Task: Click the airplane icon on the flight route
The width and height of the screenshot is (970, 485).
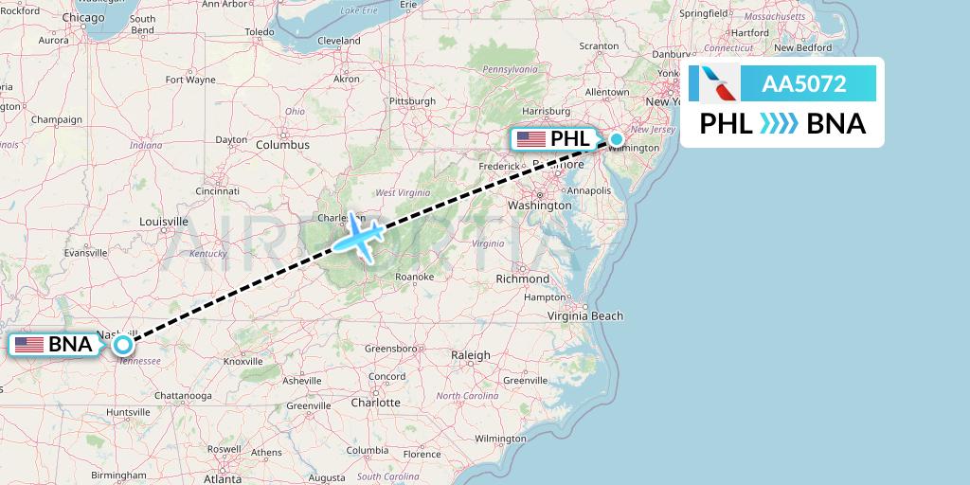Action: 356,234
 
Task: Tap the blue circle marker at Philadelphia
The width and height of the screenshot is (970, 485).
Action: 617,139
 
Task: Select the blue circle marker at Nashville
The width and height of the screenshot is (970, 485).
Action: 123,345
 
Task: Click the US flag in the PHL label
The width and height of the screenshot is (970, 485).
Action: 530,139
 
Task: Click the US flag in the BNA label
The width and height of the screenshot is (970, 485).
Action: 29,345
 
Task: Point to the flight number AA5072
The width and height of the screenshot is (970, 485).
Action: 804,84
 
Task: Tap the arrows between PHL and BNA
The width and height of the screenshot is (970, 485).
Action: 781,124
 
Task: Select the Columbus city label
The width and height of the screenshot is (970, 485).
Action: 282,145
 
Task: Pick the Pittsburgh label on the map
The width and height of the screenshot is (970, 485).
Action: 412,100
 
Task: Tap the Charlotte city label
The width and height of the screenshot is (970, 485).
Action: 375,402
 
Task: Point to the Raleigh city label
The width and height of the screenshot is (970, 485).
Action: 471,355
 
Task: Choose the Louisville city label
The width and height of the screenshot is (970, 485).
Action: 164,222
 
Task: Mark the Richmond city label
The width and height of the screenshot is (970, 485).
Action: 522,279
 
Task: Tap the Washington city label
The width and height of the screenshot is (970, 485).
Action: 539,205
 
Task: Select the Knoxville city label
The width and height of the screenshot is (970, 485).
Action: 243,361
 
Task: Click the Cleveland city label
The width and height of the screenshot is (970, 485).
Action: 339,41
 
